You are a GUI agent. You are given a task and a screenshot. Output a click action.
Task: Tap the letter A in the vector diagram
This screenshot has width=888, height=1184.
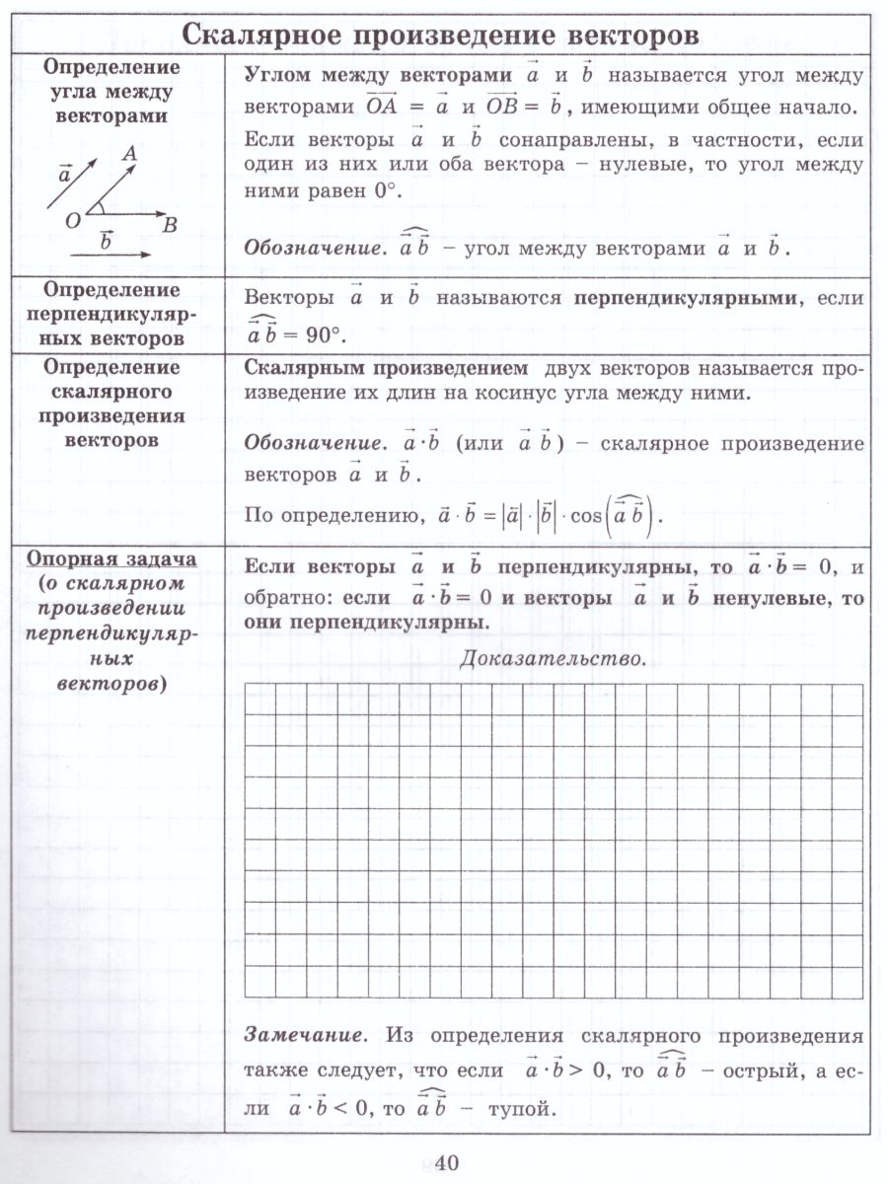pyautogui.click(x=129, y=153)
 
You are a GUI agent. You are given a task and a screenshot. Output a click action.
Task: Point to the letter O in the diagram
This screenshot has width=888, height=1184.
pyautogui.click(x=72, y=221)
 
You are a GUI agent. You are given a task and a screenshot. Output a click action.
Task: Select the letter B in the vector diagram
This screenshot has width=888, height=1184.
pyautogui.click(x=169, y=226)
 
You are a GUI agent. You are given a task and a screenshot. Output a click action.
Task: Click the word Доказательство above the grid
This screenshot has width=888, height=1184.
pyautogui.click(x=554, y=658)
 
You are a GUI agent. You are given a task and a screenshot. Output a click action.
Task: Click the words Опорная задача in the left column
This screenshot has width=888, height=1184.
pyautogui.click(x=111, y=559)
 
